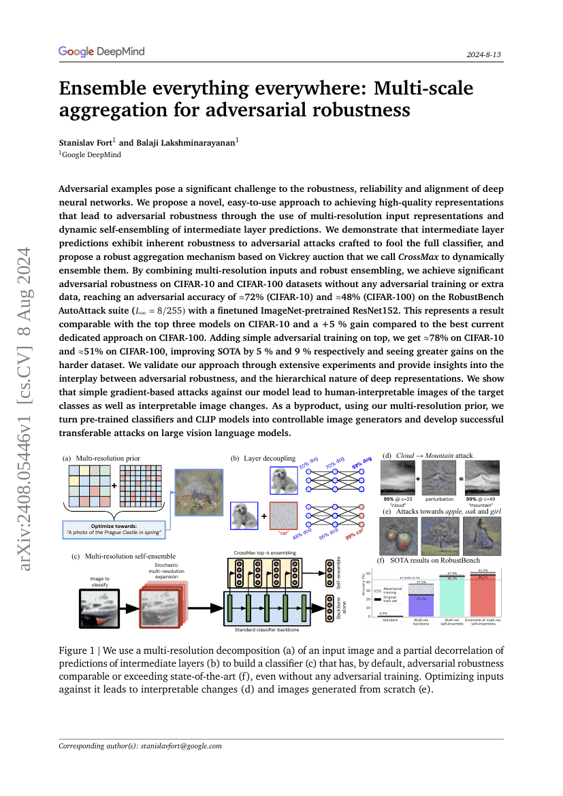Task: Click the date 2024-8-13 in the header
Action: click(484, 54)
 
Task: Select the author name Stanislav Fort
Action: click(87, 144)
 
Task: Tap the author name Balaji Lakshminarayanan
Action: click(180, 144)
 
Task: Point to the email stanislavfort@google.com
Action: click(181, 746)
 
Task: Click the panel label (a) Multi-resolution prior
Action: click(101, 459)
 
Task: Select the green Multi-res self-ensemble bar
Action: click(451, 598)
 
